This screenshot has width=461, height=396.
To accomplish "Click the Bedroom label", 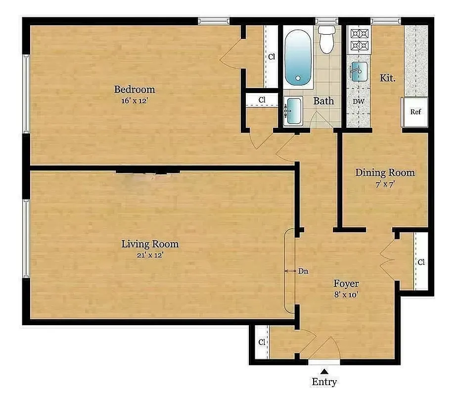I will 135,90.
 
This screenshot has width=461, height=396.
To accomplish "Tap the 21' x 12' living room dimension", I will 150,255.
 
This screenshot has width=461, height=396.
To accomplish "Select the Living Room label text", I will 150,244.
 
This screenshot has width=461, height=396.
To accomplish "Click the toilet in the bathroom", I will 326,40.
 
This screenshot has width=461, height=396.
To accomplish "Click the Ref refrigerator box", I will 415,112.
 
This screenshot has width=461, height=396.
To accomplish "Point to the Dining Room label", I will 385,173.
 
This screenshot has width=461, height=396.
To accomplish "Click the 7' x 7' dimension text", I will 384,184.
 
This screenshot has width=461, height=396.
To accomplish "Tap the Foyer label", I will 346,284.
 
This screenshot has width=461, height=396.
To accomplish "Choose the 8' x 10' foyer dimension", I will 346,295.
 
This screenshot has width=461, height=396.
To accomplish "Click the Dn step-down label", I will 303,271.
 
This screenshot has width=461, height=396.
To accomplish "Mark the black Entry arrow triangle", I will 324,371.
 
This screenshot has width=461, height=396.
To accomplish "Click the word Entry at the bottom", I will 324,382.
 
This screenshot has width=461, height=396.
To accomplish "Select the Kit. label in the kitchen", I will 387,78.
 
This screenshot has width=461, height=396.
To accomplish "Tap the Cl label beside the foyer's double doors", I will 420,262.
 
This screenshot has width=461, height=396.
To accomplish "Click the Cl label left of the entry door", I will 261,342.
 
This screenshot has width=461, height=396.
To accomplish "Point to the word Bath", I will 323,101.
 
